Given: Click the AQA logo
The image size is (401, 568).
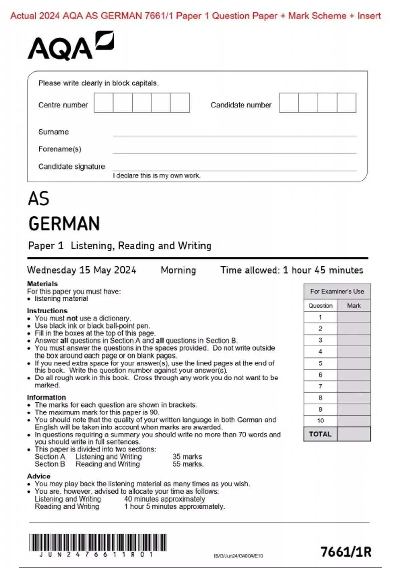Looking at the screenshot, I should [71, 46].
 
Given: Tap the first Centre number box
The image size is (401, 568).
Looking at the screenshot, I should [103, 103].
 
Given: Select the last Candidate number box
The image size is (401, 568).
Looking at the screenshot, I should [346, 103].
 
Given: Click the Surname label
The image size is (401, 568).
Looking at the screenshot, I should [53, 132].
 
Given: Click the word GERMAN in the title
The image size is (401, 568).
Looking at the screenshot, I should [64, 224].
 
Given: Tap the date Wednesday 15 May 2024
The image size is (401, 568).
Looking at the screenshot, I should [82, 270].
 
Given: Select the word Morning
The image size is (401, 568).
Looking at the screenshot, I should [178, 270].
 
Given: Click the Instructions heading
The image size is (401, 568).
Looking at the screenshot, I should [47, 311].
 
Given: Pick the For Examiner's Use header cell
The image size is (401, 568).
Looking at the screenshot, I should [337, 291].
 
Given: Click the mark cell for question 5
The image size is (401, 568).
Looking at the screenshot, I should [354, 363].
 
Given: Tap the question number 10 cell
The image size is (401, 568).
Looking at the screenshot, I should [320, 421].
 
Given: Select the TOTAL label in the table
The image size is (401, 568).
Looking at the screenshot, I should [320, 434].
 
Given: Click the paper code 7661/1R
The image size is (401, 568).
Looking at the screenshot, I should [346, 552].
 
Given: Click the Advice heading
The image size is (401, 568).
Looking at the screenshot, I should [39, 476].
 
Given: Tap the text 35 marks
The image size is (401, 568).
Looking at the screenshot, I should [187, 457].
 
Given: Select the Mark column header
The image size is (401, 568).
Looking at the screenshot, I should [354, 306].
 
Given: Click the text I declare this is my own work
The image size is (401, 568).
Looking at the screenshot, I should [157, 176].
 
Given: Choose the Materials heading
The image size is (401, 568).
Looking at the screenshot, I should [42, 284].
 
